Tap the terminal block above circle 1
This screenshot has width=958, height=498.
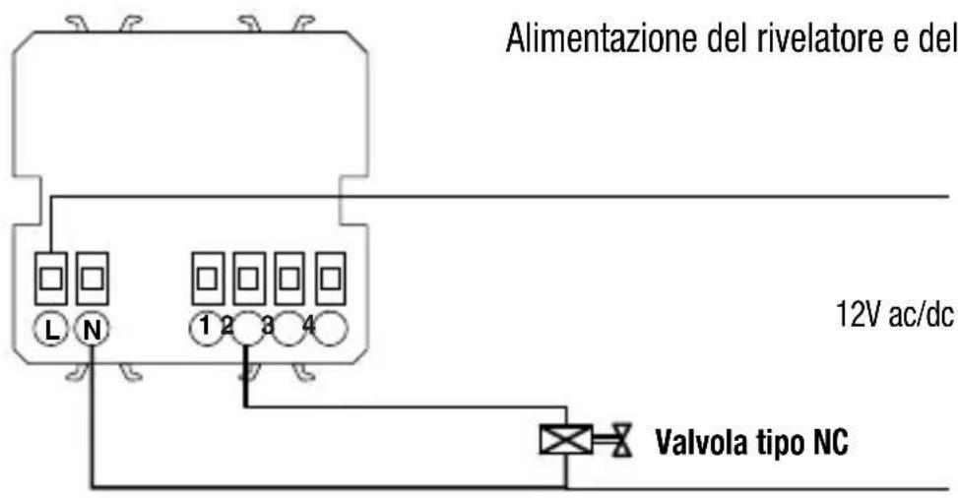(x=208, y=280)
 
